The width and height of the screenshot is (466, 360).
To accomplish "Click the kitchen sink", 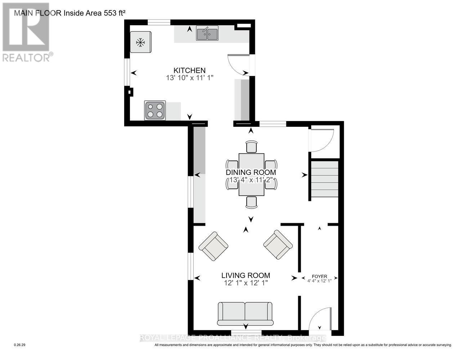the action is [207, 33].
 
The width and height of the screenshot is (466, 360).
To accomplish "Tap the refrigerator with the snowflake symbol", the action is [141, 42].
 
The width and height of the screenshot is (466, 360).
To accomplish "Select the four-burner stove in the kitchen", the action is [155, 111].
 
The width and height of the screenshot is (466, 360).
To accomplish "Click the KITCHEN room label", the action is [189, 70].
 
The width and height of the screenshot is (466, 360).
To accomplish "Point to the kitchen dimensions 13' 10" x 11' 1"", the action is [190, 77].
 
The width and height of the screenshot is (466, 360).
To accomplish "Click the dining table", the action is [251, 175].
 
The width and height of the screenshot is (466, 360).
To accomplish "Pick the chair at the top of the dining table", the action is [252, 147].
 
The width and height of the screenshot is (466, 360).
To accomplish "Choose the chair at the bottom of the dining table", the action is [252, 202].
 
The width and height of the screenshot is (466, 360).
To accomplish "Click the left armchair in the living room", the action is [214, 246].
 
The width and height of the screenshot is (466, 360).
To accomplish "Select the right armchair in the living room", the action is [278, 244].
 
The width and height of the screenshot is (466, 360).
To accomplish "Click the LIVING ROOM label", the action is [246, 275].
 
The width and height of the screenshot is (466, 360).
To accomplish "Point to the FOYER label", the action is [319, 276].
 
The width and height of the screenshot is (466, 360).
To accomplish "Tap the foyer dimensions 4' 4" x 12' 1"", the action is [319, 281].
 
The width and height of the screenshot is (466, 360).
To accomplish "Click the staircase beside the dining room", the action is [325, 179].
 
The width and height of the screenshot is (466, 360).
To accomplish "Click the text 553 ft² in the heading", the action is [115, 13].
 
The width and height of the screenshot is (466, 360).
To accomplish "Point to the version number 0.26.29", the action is [20, 345].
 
